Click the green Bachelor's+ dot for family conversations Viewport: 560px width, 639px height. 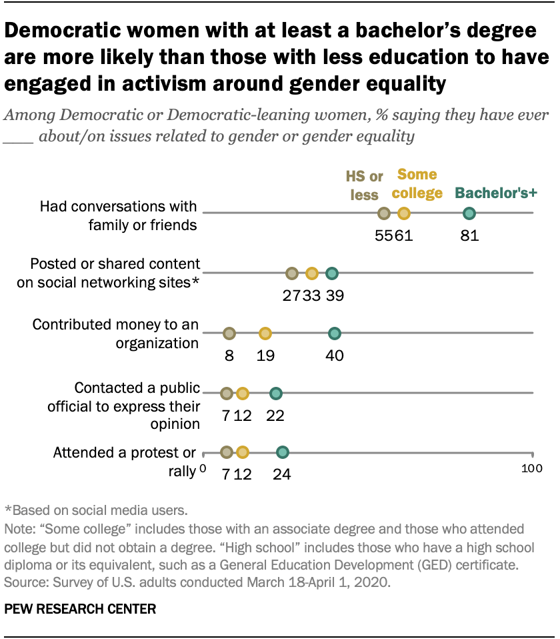coord(469,213)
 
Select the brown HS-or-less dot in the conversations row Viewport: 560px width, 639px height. coord(383,213)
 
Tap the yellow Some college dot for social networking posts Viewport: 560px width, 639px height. coord(311,273)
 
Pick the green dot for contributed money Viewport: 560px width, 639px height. coord(335,334)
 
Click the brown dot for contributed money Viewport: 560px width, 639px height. coord(229,334)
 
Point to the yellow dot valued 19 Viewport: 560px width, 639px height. coord(265,334)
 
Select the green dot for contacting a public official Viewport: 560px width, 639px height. coord(275,394)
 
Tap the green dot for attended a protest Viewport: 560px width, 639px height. coord(282,453)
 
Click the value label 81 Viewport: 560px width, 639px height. coord(469,235)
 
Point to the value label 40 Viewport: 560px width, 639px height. coord(335,356)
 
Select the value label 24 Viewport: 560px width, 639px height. coord(282,475)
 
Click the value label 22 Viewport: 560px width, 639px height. coord(275,415)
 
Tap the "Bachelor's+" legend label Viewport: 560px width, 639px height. coord(497,194)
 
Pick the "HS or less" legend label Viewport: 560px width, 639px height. coord(364,185)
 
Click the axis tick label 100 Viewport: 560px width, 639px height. coord(531,469)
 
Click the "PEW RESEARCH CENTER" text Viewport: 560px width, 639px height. coord(81,609)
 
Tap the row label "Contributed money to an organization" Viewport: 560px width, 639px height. coord(116,334)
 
